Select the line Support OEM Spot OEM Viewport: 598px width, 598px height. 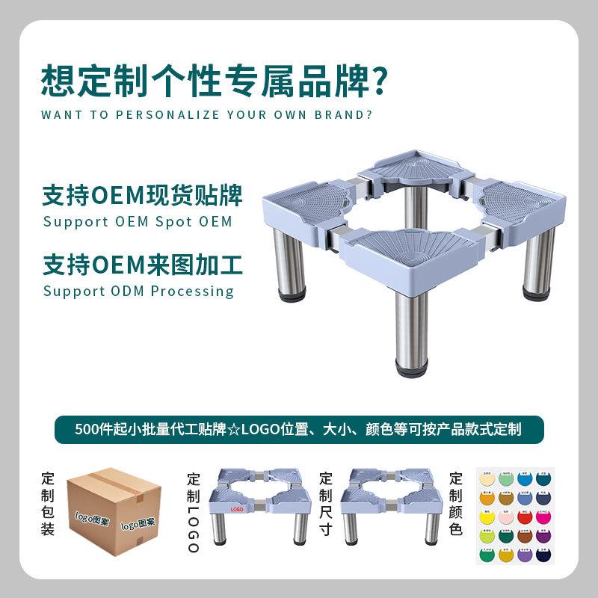pos(138,222)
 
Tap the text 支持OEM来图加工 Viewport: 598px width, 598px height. pos(143,265)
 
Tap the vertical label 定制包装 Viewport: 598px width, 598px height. pos(48,505)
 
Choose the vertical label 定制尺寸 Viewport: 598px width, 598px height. pos(326,505)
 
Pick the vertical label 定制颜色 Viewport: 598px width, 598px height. pos(456,505)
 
